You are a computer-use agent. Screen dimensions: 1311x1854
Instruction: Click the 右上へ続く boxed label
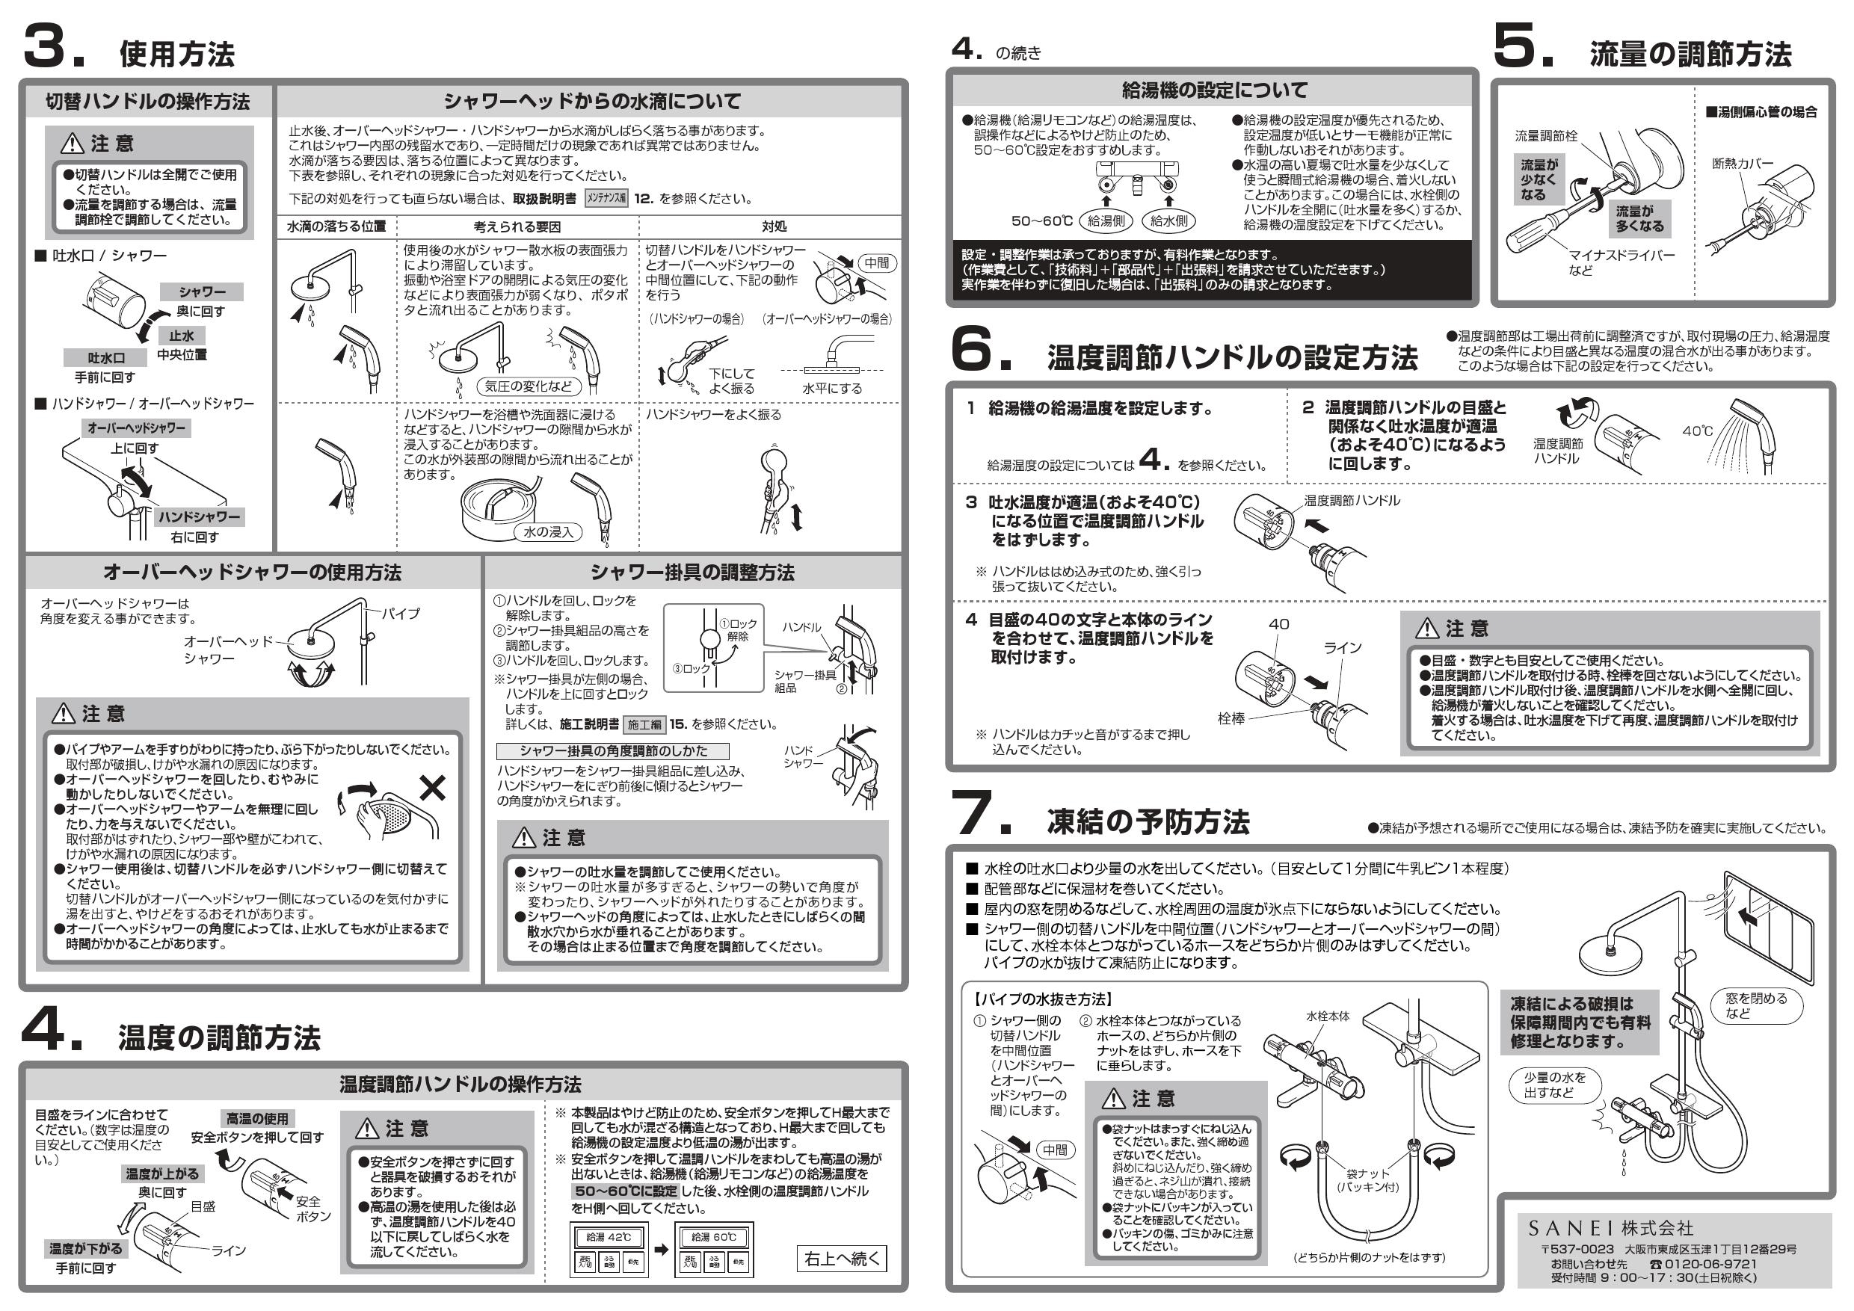click(x=842, y=1259)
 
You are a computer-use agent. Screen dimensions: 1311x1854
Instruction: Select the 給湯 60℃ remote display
click(x=713, y=1237)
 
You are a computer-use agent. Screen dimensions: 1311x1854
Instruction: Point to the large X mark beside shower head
click(x=433, y=787)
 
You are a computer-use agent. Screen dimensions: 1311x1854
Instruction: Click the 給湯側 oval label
click(x=1106, y=220)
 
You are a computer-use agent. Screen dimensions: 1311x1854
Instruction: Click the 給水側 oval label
click(x=1168, y=220)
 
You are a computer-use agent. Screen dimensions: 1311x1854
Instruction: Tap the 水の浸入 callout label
click(x=548, y=532)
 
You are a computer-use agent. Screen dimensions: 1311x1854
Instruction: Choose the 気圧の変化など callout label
click(x=528, y=386)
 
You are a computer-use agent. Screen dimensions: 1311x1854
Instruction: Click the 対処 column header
click(x=774, y=226)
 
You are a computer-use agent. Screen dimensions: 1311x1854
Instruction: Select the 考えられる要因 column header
click(x=517, y=226)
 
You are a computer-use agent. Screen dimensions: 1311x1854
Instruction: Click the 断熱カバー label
click(x=1743, y=164)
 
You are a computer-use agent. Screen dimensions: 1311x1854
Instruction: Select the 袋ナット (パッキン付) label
click(x=1367, y=1179)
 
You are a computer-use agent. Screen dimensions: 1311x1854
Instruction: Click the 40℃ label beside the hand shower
click(x=1697, y=431)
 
